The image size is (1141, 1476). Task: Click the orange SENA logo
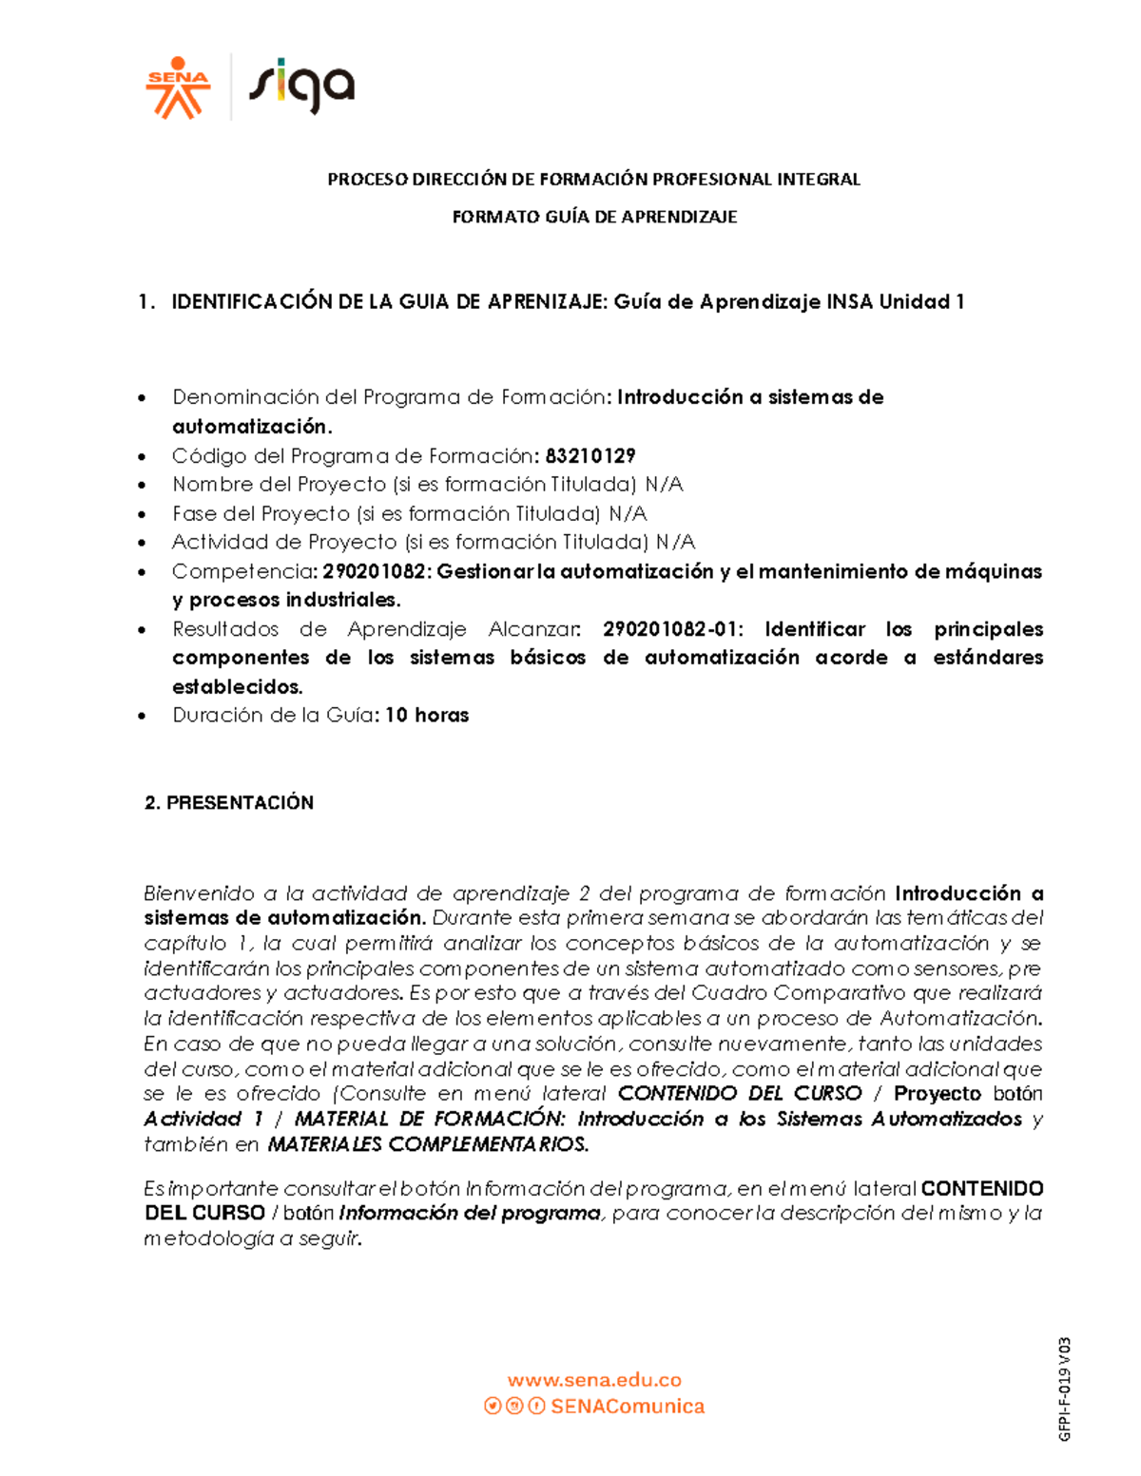(x=177, y=87)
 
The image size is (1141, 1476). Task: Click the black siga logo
(x=301, y=86)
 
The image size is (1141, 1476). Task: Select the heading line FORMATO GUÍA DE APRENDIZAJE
(x=594, y=217)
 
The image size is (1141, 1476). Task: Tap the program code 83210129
(x=590, y=455)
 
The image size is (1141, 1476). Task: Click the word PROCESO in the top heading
(x=367, y=179)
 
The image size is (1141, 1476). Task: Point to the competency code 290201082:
(x=377, y=571)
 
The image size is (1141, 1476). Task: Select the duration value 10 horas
(x=427, y=715)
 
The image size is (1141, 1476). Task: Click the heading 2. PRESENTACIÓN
(x=229, y=802)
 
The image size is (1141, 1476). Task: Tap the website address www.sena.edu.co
(x=594, y=1380)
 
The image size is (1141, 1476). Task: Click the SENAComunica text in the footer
(x=628, y=1406)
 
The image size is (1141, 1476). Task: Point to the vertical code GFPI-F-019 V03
(x=1065, y=1389)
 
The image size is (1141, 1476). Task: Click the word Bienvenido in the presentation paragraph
(x=199, y=893)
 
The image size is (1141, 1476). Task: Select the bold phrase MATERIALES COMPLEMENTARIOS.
(x=428, y=1144)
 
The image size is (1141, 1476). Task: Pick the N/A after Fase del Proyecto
(x=628, y=513)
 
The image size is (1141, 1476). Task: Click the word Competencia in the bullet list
(x=242, y=571)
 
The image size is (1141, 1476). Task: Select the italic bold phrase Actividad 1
(x=203, y=1119)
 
